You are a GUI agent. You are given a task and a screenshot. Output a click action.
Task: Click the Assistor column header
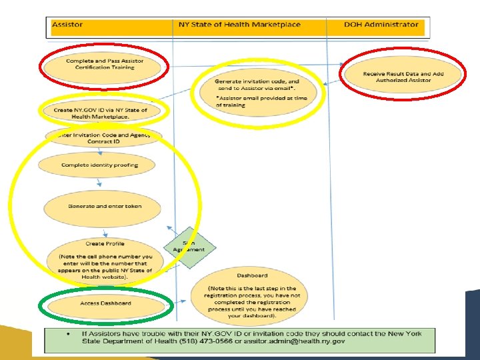click(68, 25)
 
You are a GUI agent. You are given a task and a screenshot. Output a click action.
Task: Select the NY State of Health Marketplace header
click(239, 25)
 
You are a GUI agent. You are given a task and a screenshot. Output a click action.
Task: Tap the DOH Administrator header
click(381, 25)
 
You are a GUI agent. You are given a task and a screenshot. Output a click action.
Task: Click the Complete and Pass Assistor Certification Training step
click(104, 64)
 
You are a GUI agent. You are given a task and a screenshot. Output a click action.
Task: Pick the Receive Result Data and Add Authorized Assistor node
click(403, 77)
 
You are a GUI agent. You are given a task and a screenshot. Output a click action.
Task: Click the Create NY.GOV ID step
click(100, 113)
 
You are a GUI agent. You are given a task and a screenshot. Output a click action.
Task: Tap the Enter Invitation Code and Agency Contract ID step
click(101, 138)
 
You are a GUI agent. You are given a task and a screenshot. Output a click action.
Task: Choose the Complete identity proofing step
click(100, 165)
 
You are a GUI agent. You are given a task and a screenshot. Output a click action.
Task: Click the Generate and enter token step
click(104, 206)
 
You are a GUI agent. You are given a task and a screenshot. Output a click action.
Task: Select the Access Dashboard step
click(105, 303)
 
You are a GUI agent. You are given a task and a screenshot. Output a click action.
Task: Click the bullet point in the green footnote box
click(69, 333)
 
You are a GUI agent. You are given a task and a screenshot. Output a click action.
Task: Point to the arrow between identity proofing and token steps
click(99, 182)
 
